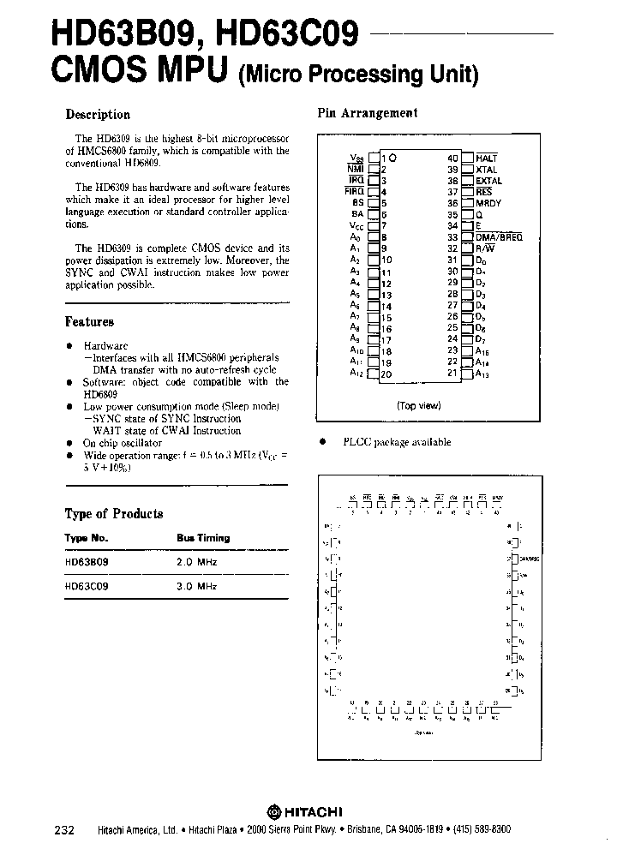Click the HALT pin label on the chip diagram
[x=487, y=158]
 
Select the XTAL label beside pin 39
[x=487, y=170]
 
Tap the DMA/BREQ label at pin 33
[x=498, y=237]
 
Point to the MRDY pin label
[x=488, y=204]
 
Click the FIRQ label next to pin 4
[x=355, y=192]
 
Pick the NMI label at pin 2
[x=356, y=170]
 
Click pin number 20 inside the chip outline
[x=386, y=374]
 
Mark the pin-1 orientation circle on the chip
[x=393, y=158]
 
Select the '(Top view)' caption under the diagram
[x=418, y=406]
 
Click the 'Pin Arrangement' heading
[x=368, y=113]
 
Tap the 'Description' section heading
[x=98, y=115]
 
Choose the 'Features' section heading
[x=89, y=322]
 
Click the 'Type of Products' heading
[x=114, y=514]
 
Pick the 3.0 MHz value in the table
[x=197, y=586]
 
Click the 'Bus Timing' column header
[x=203, y=538]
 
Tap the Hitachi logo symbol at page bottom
[x=273, y=811]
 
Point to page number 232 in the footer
[x=64, y=831]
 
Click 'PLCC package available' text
[x=397, y=442]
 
